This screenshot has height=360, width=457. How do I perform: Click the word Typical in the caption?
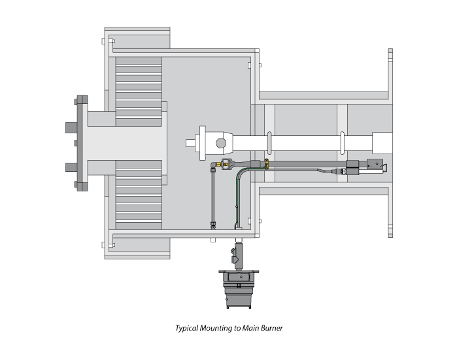pyautogui.click(x=188, y=328)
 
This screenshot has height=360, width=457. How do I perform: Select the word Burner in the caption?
pyautogui.click(x=271, y=328)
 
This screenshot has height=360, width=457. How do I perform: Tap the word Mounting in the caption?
pyautogui.click(x=216, y=328)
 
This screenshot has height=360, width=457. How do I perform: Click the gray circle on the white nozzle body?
pyautogui.click(x=221, y=143)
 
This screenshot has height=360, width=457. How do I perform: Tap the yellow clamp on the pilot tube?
pyautogui.click(x=266, y=164)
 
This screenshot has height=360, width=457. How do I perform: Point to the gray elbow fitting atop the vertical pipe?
pyautogui.click(x=214, y=166)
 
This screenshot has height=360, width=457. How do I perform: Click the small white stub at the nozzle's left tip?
pyautogui.click(x=190, y=143)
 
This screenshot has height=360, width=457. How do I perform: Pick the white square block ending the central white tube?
pyautogui.click(x=382, y=143)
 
